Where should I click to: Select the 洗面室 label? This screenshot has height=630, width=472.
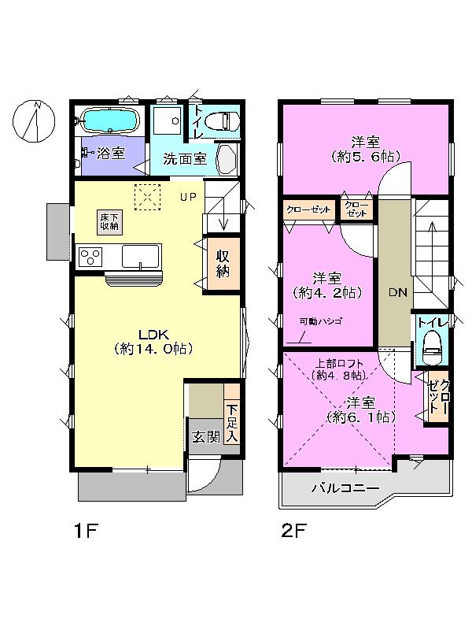tap(185, 157)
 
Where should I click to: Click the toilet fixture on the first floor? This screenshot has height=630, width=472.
tap(224, 120)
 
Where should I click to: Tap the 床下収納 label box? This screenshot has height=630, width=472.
tap(109, 221)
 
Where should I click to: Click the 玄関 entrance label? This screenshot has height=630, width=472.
tap(206, 437)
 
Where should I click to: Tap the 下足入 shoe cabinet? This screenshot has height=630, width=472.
tap(231, 423)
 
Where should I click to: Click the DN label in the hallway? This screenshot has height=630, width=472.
tap(397, 292)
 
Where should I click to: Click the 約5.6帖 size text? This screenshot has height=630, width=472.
tap(365, 157)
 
